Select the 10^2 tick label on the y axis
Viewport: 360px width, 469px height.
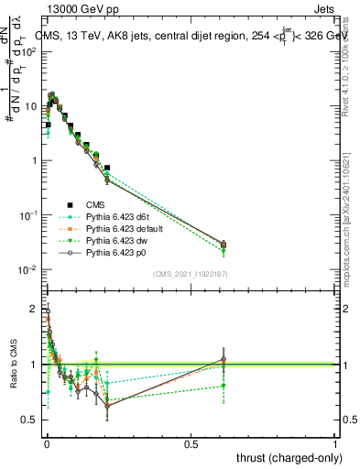tap(30, 51)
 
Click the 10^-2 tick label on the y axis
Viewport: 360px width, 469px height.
tap(30, 269)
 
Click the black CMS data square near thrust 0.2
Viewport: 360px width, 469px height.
tap(107, 169)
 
